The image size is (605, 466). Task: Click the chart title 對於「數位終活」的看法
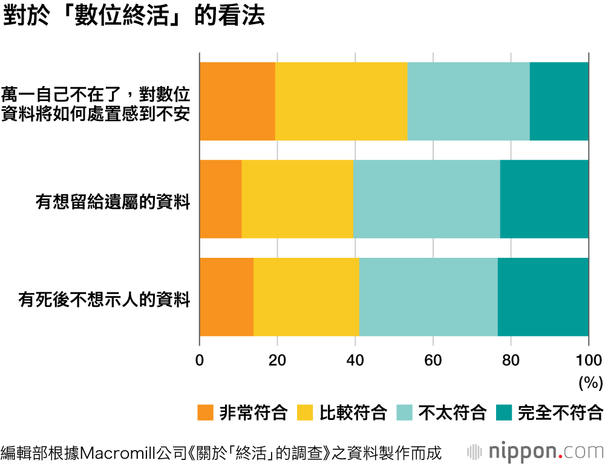[x=134, y=17]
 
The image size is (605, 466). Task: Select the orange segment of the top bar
[x=237, y=101]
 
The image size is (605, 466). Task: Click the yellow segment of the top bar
[x=341, y=101]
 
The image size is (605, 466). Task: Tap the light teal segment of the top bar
[x=468, y=101]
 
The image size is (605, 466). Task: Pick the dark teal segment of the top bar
[x=559, y=101]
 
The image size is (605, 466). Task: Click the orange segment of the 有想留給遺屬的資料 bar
[x=220, y=199]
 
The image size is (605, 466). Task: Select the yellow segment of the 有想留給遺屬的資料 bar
[x=297, y=199]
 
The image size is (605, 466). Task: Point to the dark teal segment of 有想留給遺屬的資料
[x=544, y=199]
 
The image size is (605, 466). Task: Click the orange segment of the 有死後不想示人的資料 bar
[x=226, y=297]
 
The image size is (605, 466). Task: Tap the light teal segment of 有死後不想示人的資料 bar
[x=428, y=297]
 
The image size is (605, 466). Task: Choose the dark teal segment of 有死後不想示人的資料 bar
[x=543, y=297]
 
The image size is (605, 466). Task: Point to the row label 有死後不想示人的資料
[x=105, y=300]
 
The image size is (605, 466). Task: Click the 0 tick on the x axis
[x=200, y=359]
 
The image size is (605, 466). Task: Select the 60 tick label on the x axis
[x=433, y=359]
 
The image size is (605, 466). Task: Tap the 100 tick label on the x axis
[x=589, y=359]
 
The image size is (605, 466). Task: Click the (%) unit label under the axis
[x=590, y=382]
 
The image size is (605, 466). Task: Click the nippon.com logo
[x=536, y=451]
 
